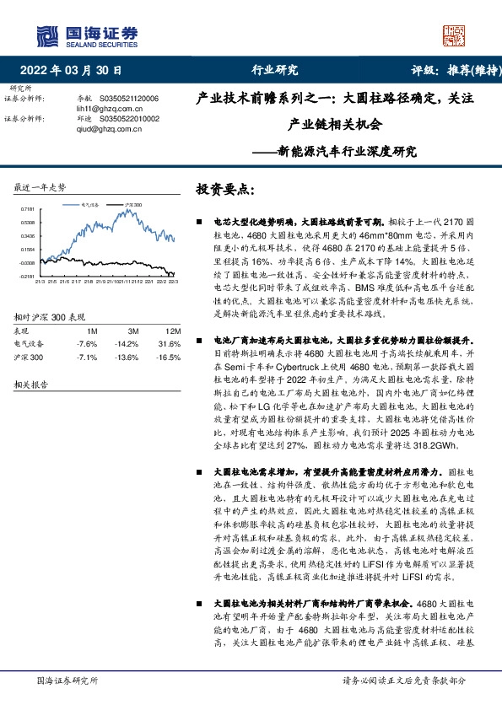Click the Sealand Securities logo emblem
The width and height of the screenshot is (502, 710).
[46, 35]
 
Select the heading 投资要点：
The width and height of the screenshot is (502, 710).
[224, 188]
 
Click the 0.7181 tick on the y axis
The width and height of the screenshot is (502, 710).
[25, 208]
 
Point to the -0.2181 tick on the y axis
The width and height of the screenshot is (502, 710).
[24, 276]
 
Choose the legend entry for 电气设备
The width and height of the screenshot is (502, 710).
[89, 204]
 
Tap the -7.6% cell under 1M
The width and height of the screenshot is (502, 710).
[88, 344]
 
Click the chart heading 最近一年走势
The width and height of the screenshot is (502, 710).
[40, 186]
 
